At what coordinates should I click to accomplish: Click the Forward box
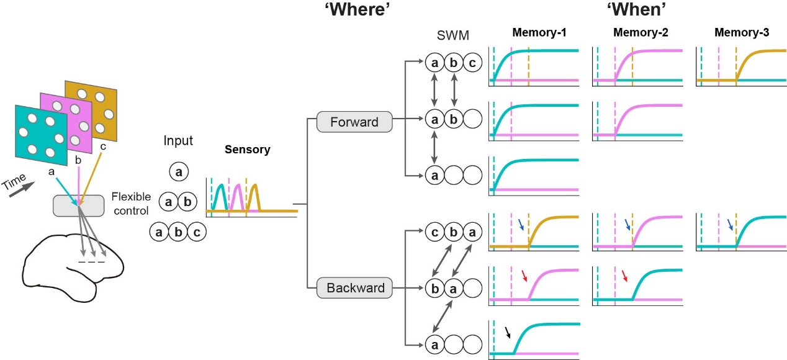[x=354, y=122]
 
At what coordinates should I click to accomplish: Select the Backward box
[x=354, y=288]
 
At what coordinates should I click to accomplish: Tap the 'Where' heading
[x=352, y=11]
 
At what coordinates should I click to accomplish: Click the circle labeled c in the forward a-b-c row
[x=472, y=63]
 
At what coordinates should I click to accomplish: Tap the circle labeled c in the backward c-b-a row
[x=434, y=233]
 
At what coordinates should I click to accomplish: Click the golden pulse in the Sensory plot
[x=254, y=199]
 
